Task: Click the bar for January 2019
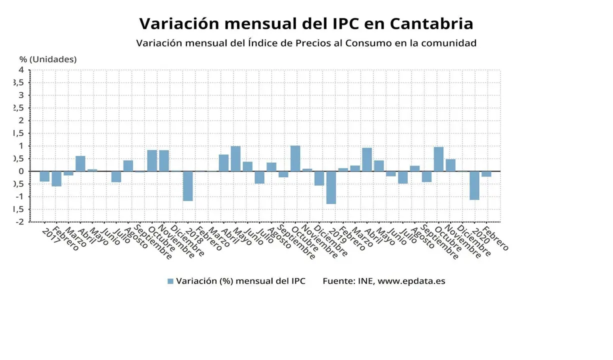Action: click(x=331, y=187)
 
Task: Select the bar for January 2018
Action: click(x=187, y=186)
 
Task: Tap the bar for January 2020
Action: click(x=474, y=185)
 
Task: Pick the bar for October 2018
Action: click(x=295, y=158)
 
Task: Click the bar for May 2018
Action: click(x=235, y=158)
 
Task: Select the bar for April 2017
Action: click(x=80, y=163)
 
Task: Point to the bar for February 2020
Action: click(x=486, y=174)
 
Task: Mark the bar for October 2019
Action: click(x=438, y=159)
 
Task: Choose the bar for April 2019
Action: click(x=367, y=159)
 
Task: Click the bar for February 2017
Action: click(x=56, y=178)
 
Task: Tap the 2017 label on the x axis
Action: click(x=51, y=236)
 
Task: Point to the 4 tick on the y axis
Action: click(x=21, y=69)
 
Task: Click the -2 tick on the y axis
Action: click(x=20, y=222)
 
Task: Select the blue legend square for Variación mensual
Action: click(x=170, y=281)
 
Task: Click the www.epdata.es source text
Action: click(x=411, y=281)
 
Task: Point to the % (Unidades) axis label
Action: click(x=48, y=59)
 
